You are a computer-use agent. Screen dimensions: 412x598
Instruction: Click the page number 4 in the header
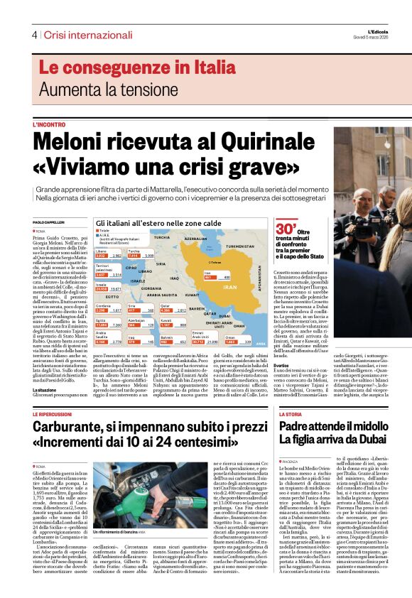point(33,35)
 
